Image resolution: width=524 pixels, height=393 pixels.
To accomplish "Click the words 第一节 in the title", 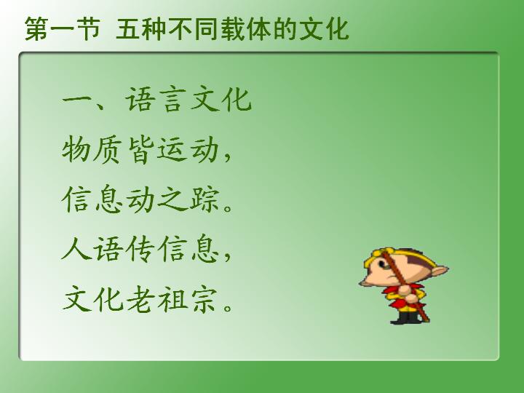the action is [63, 29].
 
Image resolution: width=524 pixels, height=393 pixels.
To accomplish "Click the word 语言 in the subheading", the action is [155, 99].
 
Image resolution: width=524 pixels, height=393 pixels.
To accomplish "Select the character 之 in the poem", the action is [172, 199].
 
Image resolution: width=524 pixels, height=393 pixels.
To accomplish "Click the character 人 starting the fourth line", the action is [76, 248].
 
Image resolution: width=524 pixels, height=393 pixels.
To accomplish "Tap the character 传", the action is [140, 249].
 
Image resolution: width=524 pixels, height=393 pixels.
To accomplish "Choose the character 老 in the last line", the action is [140, 298].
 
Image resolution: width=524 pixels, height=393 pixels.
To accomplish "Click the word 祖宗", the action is [188, 298].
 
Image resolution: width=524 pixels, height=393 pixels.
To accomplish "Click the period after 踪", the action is [229, 207].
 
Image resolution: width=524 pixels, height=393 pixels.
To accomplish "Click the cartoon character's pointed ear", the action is [440, 269].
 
